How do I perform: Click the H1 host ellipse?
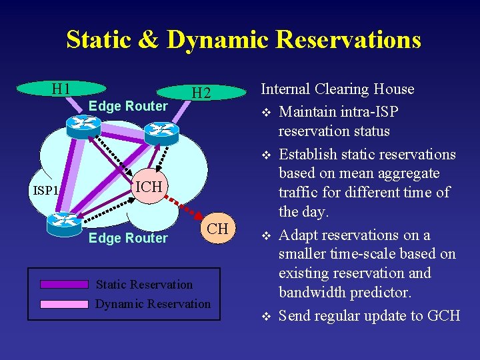[x=61, y=89]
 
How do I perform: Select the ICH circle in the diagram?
[x=149, y=187]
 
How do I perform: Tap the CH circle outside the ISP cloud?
[x=217, y=229]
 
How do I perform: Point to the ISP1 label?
[x=45, y=191]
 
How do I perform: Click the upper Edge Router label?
[x=128, y=106]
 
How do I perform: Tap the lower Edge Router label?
[x=128, y=238]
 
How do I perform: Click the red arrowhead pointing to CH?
[x=199, y=217]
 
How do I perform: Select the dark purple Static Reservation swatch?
[x=64, y=284]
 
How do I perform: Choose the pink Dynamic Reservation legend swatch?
[x=64, y=304]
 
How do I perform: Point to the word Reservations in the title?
[x=348, y=39]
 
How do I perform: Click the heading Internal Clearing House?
[x=337, y=89]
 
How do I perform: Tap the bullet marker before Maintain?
[x=266, y=111]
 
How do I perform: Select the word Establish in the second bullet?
[x=309, y=155]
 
